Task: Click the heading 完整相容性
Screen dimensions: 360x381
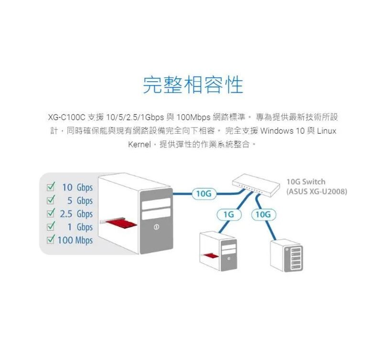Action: tap(193, 84)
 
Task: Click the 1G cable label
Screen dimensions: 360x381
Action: tap(229, 215)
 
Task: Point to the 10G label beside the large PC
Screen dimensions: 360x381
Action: tap(204, 193)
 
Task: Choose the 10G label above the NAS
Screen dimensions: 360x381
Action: tap(262, 215)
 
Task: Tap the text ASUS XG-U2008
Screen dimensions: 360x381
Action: tap(316, 191)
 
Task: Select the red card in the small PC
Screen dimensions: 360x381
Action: tap(210, 256)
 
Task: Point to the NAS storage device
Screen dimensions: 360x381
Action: tap(286, 255)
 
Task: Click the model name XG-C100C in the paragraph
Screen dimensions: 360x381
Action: tap(66, 117)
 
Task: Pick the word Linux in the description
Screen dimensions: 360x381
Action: tap(327, 130)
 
